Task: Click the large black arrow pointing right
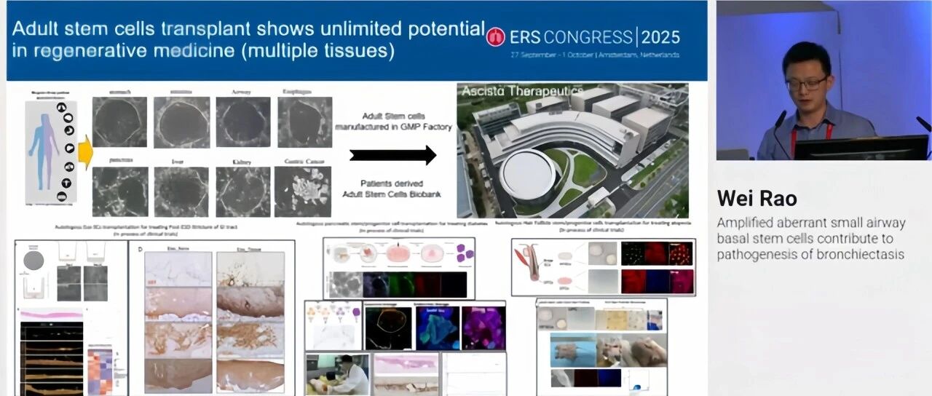[x=392, y=155]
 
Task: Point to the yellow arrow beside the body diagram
[x=85, y=152]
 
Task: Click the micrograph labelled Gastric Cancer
[x=302, y=191]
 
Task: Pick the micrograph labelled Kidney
[x=242, y=191]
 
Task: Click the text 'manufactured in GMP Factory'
[x=393, y=127]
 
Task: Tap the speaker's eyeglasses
[x=806, y=84]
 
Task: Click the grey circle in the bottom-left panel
[x=33, y=261]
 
